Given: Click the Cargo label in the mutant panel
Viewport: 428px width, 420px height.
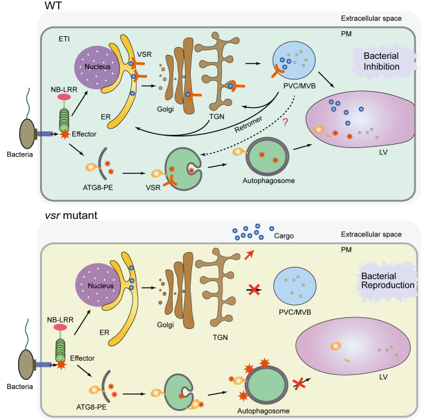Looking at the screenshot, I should tap(283, 236).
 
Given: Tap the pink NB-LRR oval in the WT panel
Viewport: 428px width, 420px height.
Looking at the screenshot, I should tap(65, 97).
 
